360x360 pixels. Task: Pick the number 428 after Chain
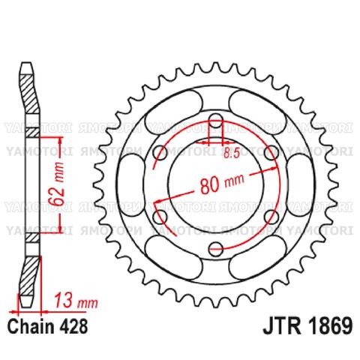tap(76, 328)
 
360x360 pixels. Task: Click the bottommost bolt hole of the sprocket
tap(215, 248)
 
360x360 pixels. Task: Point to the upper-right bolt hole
tap(270, 153)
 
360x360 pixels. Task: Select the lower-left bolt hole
tap(160, 217)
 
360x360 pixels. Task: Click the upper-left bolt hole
tap(160, 153)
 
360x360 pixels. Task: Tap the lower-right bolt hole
tap(270, 217)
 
